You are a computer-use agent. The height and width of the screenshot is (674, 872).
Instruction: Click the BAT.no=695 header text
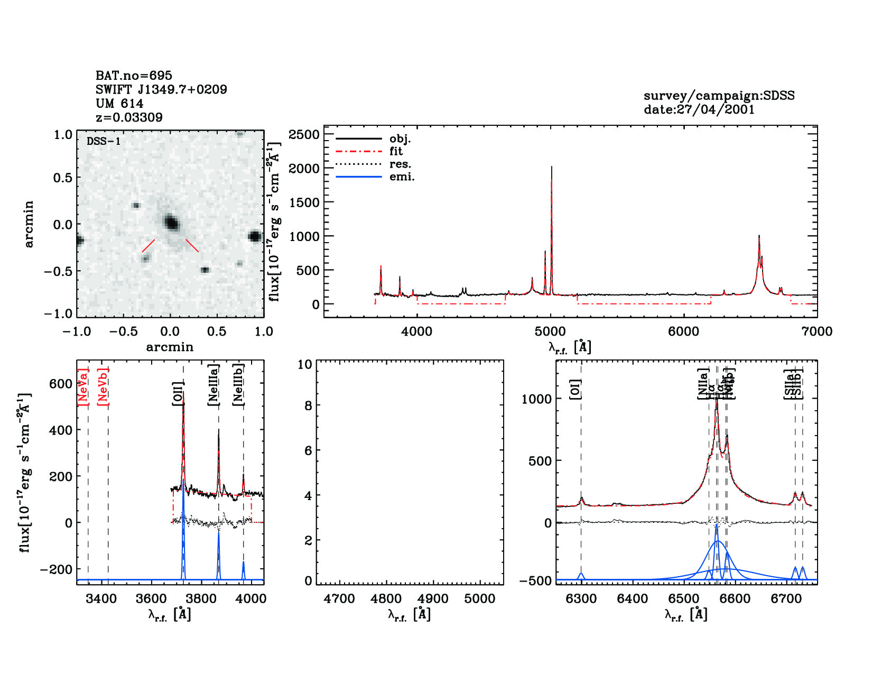click(134, 76)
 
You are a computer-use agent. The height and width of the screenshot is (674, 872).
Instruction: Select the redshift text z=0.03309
click(129, 117)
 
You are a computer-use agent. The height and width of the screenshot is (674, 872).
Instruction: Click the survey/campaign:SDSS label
click(719, 96)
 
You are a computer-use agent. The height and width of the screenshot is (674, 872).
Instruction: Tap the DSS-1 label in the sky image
click(104, 141)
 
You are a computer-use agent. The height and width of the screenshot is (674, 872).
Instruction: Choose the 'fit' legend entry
click(396, 151)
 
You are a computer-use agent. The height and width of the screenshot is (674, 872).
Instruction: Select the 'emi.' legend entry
click(402, 177)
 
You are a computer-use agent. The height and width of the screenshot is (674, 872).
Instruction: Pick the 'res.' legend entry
click(400, 164)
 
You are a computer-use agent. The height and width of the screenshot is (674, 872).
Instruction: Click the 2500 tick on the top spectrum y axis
click(304, 134)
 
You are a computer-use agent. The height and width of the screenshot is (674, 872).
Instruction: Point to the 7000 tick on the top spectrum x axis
click(817, 331)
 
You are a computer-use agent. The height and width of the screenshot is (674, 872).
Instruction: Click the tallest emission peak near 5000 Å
click(551, 168)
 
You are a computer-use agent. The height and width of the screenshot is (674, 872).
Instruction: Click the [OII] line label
click(178, 393)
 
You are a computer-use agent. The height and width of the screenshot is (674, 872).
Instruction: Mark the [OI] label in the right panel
click(575, 390)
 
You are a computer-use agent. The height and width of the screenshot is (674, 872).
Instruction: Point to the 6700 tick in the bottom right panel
click(786, 599)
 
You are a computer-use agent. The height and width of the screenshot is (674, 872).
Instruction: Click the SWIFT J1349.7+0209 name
click(161, 89)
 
